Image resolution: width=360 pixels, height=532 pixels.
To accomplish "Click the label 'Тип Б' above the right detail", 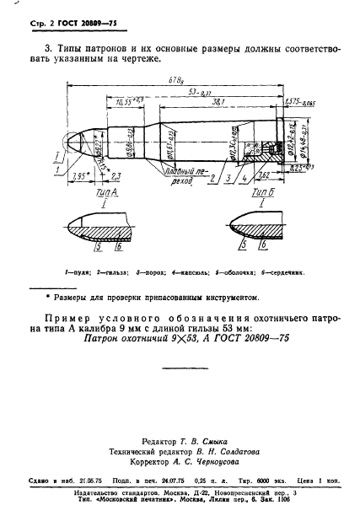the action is pyautogui.click(x=259, y=193).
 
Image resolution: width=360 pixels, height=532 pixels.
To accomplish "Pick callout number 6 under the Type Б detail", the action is pyautogui.click(x=263, y=249).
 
